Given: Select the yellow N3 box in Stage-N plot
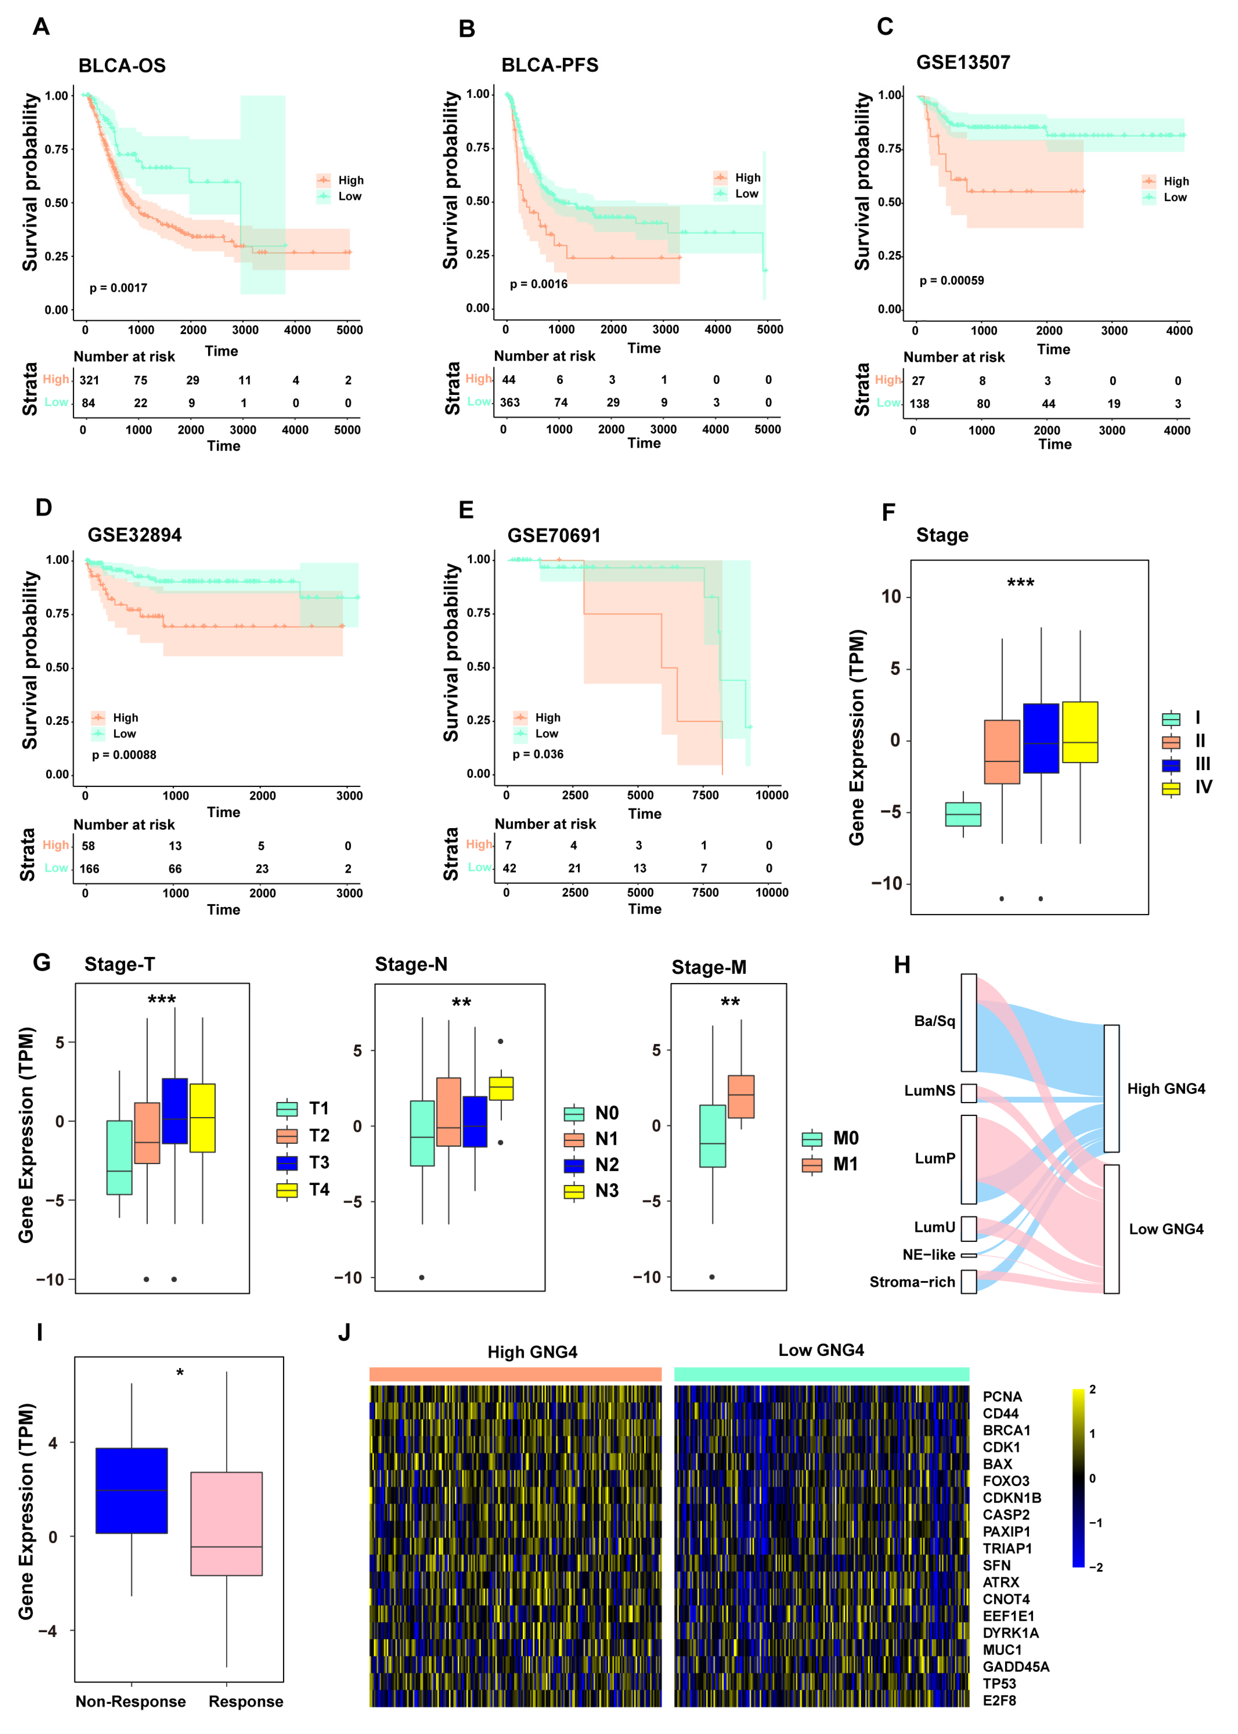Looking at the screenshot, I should [x=501, y=1088].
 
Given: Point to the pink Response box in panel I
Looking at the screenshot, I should [x=226, y=1524].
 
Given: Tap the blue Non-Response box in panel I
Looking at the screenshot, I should [x=132, y=1491].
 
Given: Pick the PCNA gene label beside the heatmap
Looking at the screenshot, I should [x=1002, y=1396].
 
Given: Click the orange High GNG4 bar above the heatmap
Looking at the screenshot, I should [x=515, y=1374].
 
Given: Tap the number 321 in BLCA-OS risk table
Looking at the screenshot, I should [x=89, y=380].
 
